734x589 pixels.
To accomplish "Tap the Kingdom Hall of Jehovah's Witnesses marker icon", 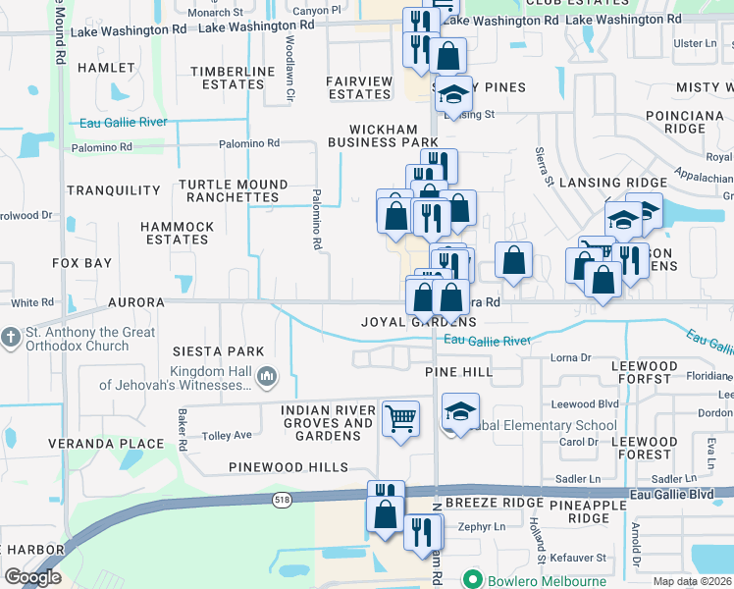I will [x=267, y=376].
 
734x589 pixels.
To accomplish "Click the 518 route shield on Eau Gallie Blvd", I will [x=279, y=500].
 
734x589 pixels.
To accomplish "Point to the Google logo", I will [x=33, y=577].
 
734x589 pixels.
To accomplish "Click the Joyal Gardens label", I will [x=418, y=322].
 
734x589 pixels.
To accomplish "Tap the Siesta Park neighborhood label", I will [x=218, y=351].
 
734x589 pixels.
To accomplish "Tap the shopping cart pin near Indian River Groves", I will [x=400, y=418].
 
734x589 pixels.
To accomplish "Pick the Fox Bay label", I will [x=81, y=264].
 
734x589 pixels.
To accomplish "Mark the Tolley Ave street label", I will [x=227, y=435].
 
